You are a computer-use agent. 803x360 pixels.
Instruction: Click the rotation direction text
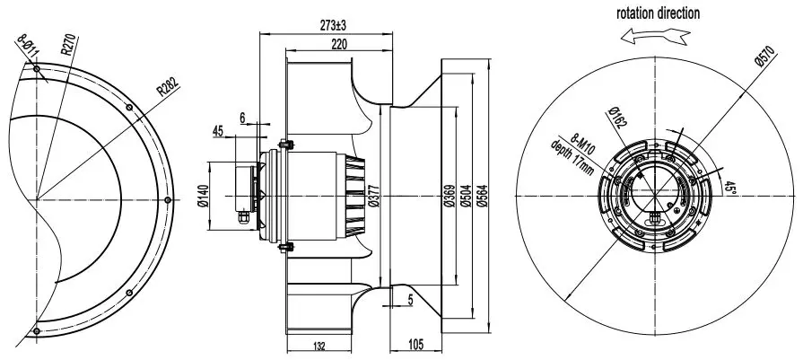point(658,13)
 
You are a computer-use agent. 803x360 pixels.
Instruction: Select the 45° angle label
point(729,189)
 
